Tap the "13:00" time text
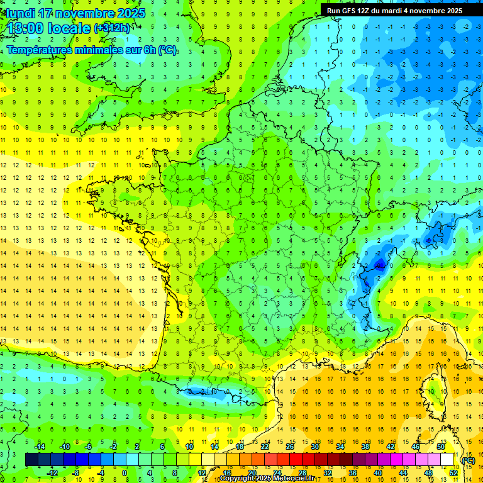25,28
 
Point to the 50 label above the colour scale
440,447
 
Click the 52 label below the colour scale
453,473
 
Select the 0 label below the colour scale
125,473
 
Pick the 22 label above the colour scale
265,447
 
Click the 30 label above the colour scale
315,447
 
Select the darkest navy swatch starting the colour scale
31,460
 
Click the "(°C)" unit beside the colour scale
468,460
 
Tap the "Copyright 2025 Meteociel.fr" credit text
267,479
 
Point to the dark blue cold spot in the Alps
378,264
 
